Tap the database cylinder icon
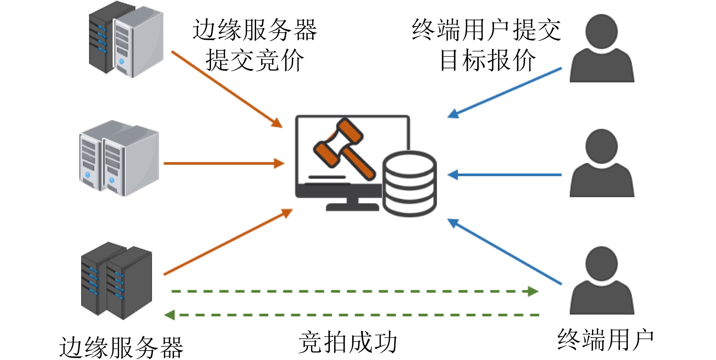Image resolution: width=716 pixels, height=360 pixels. click(x=410, y=184)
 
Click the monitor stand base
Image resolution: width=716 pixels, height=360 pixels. click(x=352, y=207)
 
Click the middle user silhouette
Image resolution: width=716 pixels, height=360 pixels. click(x=602, y=163)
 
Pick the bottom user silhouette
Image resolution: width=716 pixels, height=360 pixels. click(x=602, y=280)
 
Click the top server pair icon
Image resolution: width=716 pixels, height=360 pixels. click(x=126, y=40)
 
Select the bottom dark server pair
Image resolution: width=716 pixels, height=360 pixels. click(x=117, y=280)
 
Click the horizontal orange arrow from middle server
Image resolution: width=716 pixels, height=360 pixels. click(x=224, y=163)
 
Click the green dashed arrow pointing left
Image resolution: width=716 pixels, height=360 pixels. click(x=352, y=315)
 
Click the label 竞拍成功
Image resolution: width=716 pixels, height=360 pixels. click(x=348, y=342)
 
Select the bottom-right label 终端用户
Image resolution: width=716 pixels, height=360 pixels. click(x=605, y=340)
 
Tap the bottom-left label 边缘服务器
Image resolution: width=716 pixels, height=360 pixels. click(x=121, y=347)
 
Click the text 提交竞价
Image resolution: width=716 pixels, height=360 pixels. click(x=255, y=61)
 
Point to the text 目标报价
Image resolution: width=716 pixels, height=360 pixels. click(x=488, y=61)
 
